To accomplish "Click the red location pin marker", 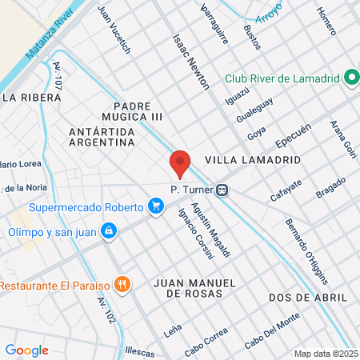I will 180,163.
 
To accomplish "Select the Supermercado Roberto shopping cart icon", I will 156,207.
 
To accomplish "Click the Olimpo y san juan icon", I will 109,232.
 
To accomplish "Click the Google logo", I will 26,350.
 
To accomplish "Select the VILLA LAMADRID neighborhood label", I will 253,160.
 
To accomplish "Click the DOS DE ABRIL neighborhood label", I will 305,297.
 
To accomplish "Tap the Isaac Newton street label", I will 190,61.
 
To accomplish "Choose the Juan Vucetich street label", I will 113,29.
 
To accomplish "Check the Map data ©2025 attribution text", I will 324,353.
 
